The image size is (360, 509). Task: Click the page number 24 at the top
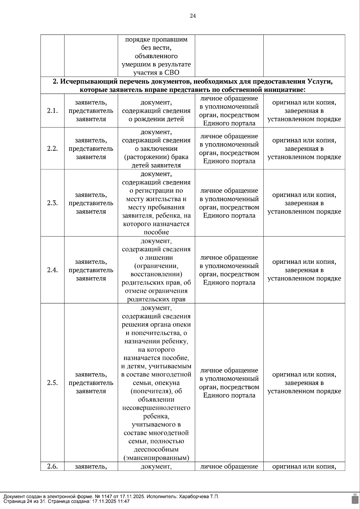tap(193, 16)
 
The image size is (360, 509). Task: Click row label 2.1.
tap(52, 111)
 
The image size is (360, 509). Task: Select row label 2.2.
tap(52, 149)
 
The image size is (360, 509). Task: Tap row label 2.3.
tap(52, 203)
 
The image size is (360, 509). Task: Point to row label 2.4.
tap(52, 270)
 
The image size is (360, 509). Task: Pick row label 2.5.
tap(52, 383)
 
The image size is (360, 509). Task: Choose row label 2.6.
tap(52, 466)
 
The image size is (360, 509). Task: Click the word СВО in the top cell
tap(172, 73)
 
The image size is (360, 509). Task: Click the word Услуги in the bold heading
tap(320, 82)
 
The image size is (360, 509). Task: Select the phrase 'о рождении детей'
tap(156, 119)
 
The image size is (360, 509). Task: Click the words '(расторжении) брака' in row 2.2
tap(156, 157)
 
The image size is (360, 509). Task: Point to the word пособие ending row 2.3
tap(156, 232)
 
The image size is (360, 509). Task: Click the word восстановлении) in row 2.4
tap(156, 274)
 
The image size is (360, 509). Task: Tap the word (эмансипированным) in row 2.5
tap(156, 458)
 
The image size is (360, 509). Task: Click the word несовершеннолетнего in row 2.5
tap(156, 408)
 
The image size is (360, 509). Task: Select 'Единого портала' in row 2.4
tap(229, 283)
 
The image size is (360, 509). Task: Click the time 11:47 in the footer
tap(124, 501)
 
